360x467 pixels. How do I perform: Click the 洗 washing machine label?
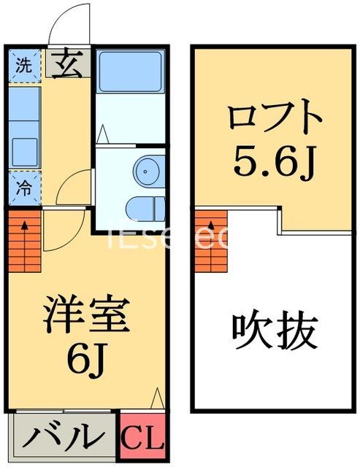point(24,64)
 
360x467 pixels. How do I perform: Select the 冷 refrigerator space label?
point(23,187)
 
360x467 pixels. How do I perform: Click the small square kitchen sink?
point(25,150)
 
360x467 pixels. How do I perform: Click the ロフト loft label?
point(274,117)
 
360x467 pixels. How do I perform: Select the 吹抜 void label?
point(275,332)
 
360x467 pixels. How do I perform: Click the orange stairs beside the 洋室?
point(25,240)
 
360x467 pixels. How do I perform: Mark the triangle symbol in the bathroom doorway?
point(102,134)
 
